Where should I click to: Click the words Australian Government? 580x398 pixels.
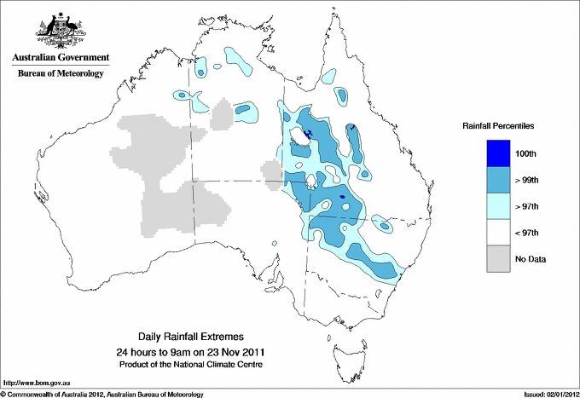click(x=60, y=58)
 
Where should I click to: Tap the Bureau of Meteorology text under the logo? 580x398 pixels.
click(x=60, y=73)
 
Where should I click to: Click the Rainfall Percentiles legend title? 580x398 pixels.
click(x=498, y=126)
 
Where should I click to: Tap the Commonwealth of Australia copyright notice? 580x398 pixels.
click(x=102, y=394)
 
